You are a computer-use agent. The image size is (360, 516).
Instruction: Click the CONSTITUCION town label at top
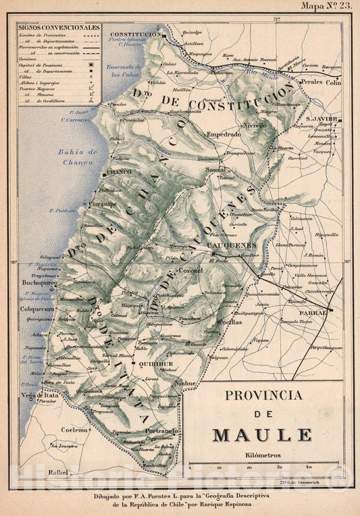134,34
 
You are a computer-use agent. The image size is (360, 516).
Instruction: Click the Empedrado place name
224,134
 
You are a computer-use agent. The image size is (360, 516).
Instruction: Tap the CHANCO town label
118,172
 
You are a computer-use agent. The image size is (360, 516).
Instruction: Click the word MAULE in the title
262,435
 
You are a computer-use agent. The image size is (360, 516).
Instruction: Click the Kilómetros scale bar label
263,455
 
